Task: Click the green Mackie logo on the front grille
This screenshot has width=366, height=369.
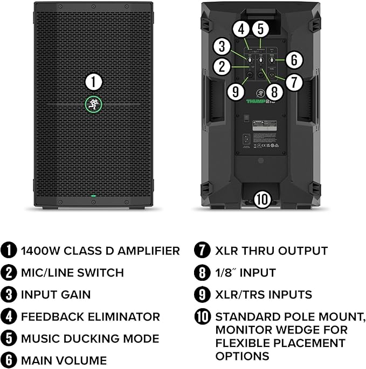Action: click(x=94, y=105)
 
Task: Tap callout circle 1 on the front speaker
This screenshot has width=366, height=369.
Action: click(x=94, y=82)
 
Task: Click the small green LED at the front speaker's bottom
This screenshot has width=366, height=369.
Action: click(x=94, y=196)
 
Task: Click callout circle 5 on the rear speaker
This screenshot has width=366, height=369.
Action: click(x=260, y=28)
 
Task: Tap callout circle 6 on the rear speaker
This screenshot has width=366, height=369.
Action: click(x=293, y=60)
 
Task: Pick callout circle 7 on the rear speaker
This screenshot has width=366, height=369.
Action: click(x=293, y=82)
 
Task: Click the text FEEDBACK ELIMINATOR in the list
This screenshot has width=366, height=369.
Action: click(x=90, y=317)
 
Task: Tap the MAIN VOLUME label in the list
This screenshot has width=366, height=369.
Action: click(x=64, y=360)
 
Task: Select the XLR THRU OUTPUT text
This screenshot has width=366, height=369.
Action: click(x=271, y=251)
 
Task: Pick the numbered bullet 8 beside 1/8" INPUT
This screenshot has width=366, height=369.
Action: click(x=202, y=273)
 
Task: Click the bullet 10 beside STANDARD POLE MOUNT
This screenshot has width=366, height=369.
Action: click(x=203, y=317)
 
